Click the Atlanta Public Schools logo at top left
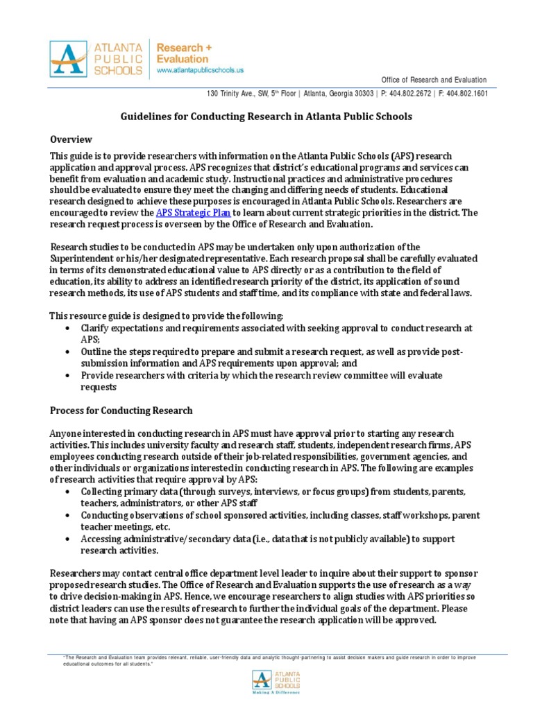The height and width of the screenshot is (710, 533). click(96, 58)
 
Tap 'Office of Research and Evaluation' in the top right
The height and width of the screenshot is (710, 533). click(434, 80)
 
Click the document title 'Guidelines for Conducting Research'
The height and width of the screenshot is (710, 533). click(267, 116)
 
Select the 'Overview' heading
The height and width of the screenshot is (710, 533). click(71, 139)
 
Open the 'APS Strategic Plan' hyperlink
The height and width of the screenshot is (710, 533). click(192, 212)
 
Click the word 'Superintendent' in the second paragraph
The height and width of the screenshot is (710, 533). click(83, 258)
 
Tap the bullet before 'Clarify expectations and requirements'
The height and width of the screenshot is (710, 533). click(66, 327)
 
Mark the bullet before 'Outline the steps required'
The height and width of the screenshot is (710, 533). click(66, 352)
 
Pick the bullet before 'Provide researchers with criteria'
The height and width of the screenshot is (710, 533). click(66, 375)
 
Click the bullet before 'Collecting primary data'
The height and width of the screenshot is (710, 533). click(66, 492)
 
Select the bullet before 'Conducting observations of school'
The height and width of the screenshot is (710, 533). click(66, 516)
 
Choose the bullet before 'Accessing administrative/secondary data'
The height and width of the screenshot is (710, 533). click(66, 539)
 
